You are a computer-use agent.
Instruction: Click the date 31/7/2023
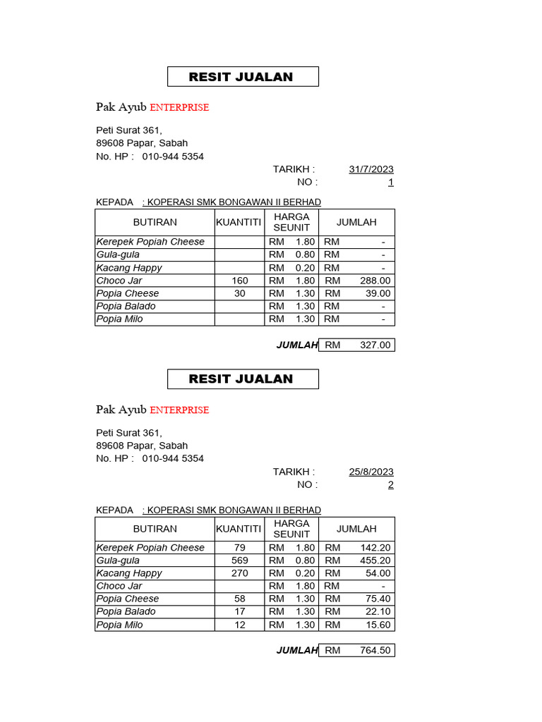click(x=371, y=169)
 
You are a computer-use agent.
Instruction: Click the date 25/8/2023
click(x=371, y=472)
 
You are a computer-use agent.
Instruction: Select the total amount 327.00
click(x=375, y=345)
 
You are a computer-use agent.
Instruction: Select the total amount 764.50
click(x=375, y=650)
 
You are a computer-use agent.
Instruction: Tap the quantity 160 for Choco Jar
click(x=240, y=281)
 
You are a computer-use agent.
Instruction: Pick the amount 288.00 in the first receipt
click(x=375, y=281)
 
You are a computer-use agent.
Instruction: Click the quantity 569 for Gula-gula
click(x=240, y=561)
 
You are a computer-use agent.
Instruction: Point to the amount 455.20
click(x=375, y=561)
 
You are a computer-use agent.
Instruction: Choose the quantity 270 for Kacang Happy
click(x=240, y=573)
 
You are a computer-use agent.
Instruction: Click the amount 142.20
click(x=375, y=548)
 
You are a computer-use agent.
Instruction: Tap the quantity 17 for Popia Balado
click(x=240, y=612)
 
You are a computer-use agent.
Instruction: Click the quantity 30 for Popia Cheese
click(x=240, y=293)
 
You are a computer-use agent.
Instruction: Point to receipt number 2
click(x=391, y=485)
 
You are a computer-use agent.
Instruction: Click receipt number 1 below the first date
click(x=391, y=183)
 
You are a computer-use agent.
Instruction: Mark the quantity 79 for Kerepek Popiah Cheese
click(x=240, y=548)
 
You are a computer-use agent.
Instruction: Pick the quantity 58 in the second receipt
click(x=240, y=599)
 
